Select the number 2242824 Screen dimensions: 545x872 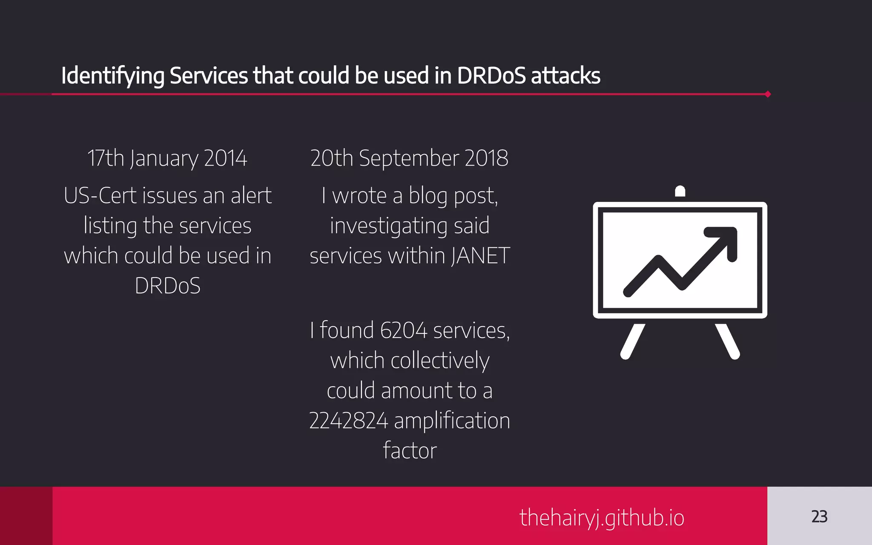348,421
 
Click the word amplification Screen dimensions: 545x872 452,421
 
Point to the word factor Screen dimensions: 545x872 410,450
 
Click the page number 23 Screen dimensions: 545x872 819,516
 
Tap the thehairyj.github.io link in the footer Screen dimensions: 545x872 602,518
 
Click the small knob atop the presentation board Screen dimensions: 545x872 680,191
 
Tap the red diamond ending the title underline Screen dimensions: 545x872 768,94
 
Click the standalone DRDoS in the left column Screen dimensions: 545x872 167,286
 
